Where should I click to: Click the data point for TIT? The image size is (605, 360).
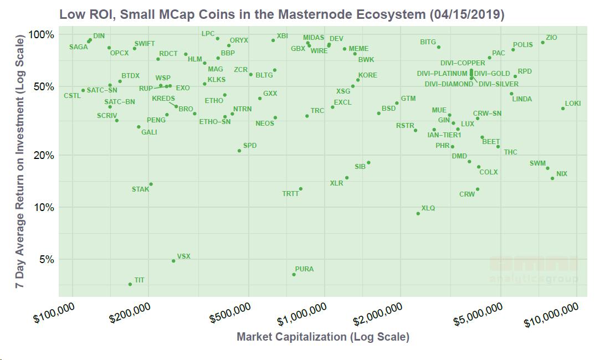coord(130,284)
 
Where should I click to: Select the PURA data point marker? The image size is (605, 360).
coord(294,275)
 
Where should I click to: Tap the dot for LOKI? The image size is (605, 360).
coord(563,109)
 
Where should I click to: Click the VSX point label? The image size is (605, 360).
coord(183,256)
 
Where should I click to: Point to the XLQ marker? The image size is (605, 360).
coord(418,213)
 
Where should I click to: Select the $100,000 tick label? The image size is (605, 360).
coord(54,316)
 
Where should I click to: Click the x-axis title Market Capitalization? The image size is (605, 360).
coord(322,337)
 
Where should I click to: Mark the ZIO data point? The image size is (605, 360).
coord(542,42)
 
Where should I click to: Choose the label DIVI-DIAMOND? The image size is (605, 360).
coord(449,84)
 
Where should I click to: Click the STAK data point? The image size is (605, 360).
coord(151,184)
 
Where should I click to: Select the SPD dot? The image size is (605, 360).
coord(239,151)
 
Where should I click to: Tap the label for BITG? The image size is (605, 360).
coord(428,42)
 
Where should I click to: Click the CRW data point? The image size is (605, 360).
coord(478,189)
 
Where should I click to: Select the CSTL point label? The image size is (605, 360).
coord(72,96)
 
